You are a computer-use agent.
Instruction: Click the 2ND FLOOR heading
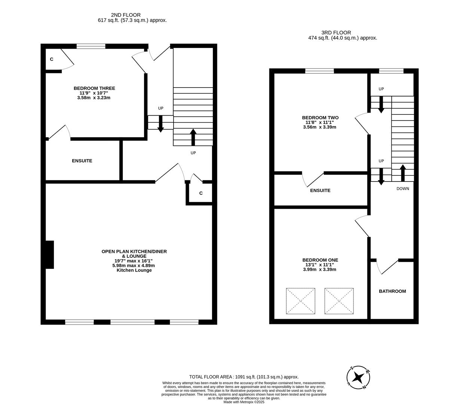pyautogui.click(x=126, y=15)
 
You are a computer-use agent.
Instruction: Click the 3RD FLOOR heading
pyautogui.click(x=336, y=33)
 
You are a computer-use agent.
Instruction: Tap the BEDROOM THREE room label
pyautogui.click(x=94, y=88)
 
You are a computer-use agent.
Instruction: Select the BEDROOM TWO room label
pyautogui.click(x=320, y=117)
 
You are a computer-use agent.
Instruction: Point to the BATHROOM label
pyautogui.click(x=392, y=291)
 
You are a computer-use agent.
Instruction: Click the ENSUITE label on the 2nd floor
pyautogui.click(x=82, y=161)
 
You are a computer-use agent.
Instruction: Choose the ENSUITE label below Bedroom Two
pyautogui.click(x=320, y=190)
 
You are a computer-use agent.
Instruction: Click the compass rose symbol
pyautogui.click(x=358, y=377)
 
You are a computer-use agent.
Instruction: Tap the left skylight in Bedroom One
pyautogui.click(x=300, y=301)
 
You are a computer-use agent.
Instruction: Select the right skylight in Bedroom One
pyautogui.click(x=339, y=301)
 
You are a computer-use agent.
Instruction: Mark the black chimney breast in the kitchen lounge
pyautogui.click(x=49, y=254)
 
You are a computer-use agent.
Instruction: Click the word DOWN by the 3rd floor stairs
pyautogui.click(x=403, y=189)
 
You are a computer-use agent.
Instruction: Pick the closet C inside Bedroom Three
pyautogui.click(x=52, y=59)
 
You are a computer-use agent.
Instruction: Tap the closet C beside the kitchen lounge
pyautogui.click(x=201, y=193)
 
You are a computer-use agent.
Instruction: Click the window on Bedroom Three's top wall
pyautogui.click(x=91, y=46)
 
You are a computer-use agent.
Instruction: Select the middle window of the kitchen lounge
pyautogui.click(x=132, y=322)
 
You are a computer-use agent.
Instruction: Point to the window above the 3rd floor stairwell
pyautogui.click(x=391, y=71)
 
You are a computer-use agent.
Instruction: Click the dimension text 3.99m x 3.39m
pyautogui.click(x=319, y=269)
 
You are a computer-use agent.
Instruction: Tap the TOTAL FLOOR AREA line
pyautogui.click(x=244, y=377)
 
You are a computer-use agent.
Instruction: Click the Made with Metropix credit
pyautogui.click(x=244, y=402)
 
